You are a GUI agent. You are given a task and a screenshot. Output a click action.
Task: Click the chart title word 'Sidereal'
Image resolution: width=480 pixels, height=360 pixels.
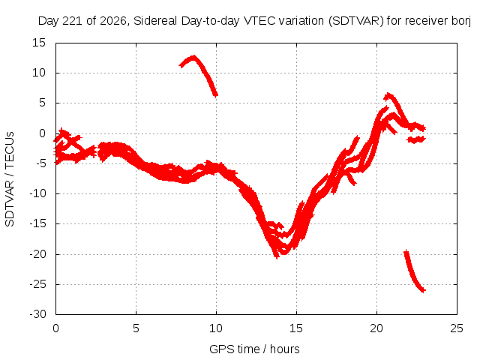155,21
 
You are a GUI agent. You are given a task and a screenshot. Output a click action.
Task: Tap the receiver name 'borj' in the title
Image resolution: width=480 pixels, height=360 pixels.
461,21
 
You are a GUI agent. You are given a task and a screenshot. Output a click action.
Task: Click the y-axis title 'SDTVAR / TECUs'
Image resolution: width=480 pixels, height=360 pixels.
10,179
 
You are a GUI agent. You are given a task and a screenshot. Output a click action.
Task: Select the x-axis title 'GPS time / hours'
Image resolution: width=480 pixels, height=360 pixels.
254,349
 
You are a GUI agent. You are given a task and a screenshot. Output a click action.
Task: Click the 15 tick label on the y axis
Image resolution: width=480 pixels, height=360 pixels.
39,43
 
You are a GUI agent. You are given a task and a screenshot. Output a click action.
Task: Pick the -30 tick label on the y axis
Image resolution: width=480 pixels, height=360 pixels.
37,314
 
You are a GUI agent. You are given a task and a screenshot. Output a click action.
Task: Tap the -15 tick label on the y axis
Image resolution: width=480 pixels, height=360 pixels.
37,223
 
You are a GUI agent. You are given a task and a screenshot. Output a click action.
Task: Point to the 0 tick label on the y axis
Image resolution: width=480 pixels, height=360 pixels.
42,133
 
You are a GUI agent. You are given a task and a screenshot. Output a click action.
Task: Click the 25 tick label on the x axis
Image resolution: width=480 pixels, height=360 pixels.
457,328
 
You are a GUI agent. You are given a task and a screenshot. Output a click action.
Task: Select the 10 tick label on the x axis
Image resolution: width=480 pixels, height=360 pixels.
216,328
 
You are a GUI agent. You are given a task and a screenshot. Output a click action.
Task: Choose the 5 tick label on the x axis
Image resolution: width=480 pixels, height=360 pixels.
136,328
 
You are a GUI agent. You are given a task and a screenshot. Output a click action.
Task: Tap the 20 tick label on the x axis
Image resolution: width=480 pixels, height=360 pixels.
376,328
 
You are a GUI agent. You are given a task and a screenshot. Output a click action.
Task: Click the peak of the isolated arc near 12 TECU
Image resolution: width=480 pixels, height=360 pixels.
193,57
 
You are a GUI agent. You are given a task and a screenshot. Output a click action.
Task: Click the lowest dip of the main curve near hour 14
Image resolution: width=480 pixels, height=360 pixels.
277,256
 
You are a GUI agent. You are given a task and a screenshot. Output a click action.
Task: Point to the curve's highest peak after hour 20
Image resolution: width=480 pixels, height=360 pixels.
388,95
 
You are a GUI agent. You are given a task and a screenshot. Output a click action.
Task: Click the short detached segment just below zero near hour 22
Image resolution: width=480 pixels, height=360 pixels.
416,140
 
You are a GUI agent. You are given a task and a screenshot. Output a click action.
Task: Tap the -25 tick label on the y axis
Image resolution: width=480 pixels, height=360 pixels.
37,284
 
